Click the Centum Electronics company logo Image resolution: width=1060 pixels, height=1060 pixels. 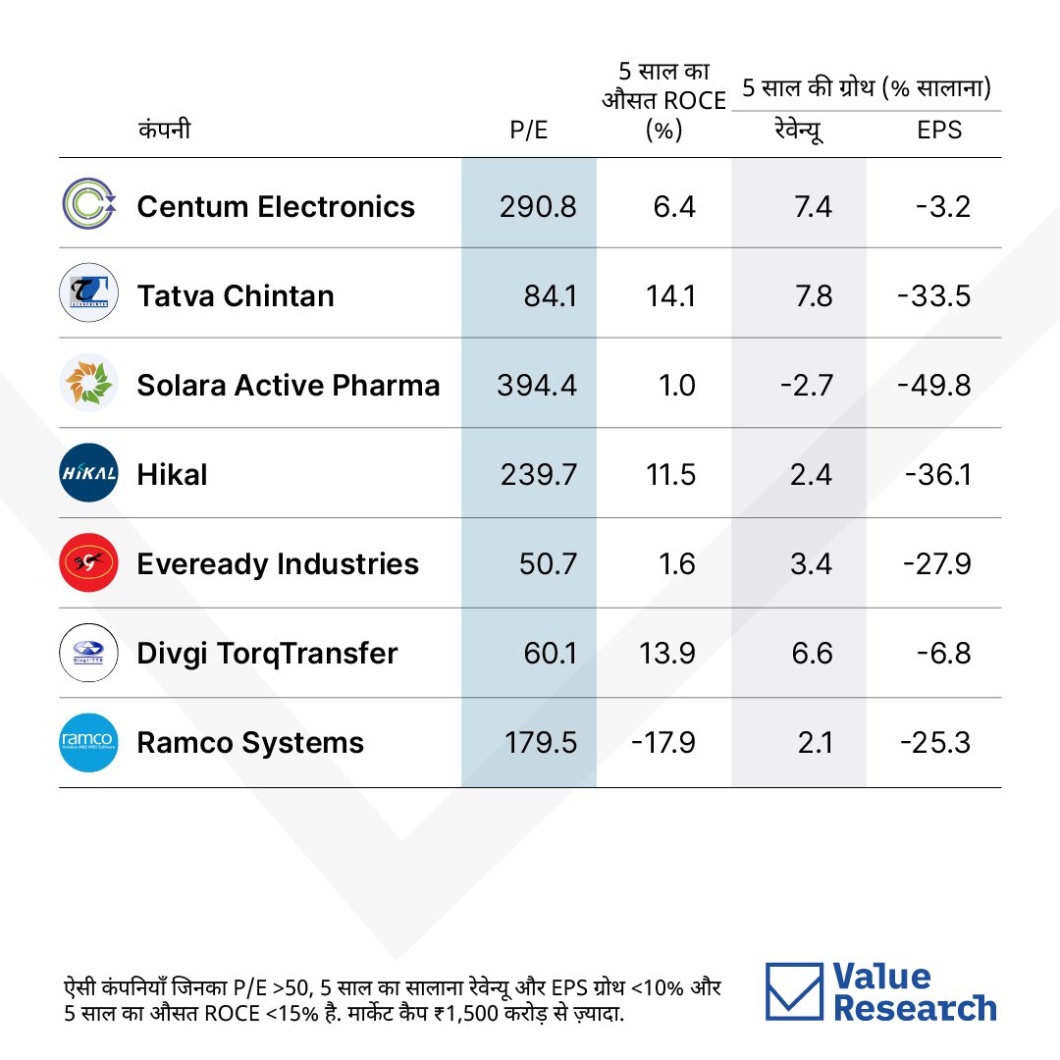(x=88, y=203)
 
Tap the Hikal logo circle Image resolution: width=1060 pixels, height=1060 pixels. (x=88, y=472)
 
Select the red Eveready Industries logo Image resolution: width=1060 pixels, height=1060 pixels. (x=88, y=562)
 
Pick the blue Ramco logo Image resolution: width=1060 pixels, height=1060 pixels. (x=88, y=742)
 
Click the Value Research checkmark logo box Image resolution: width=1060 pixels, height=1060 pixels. (x=794, y=991)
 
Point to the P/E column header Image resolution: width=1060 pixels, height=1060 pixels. (x=529, y=130)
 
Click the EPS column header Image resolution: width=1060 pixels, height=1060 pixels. (x=939, y=130)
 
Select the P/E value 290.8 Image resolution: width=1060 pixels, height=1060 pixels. (x=538, y=207)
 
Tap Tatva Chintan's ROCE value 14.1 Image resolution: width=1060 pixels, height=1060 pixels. (x=670, y=296)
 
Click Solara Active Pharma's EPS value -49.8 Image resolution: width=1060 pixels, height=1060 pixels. (x=934, y=386)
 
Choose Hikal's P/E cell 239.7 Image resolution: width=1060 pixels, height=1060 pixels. (x=539, y=475)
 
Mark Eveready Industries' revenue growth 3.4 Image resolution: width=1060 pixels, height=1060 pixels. (x=812, y=563)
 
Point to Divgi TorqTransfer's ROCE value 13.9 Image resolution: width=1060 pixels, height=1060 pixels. (x=667, y=653)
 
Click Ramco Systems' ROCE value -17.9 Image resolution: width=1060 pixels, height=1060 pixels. (x=663, y=742)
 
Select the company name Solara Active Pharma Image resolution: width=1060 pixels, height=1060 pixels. (x=288, y=386)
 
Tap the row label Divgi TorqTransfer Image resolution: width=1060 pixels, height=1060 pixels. (x=267, y=654)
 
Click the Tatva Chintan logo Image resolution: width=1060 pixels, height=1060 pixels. (x=88, y=292)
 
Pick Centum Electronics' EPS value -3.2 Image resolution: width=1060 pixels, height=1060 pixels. (x=943, y=207)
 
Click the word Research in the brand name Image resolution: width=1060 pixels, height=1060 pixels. (x=915, y=1008)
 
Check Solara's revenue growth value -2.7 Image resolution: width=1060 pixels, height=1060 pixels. (x=807, y=386)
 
